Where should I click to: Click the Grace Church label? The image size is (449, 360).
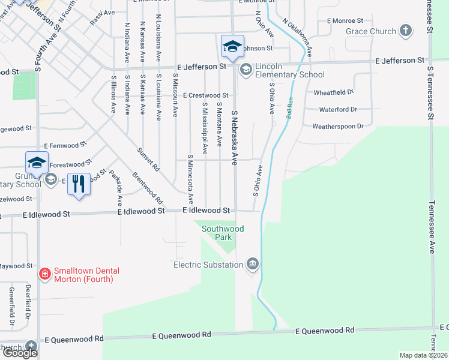click(370, 31)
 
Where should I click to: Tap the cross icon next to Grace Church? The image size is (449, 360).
click(406, 31)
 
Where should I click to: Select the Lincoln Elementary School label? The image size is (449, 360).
click(289, 70)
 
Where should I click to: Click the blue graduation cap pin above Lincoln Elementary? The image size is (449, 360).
click(232, 46)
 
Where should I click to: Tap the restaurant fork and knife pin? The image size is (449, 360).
click(78, 184)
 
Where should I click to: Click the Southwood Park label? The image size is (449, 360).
click(223, 233)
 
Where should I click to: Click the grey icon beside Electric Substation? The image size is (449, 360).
click(253, 264)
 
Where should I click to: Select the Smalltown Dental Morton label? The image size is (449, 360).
click(83, 275)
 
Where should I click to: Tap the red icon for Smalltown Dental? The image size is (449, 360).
click(44, 274)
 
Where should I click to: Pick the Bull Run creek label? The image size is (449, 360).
click(289, 108)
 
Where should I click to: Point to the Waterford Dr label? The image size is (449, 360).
click(338, 109)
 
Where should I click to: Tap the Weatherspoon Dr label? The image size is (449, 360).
click(339, 126)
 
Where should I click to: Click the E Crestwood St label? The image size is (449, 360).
click(206, 95)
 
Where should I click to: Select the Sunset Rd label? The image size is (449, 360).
click(147, 158)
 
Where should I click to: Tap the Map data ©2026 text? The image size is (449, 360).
click(424, 355)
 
